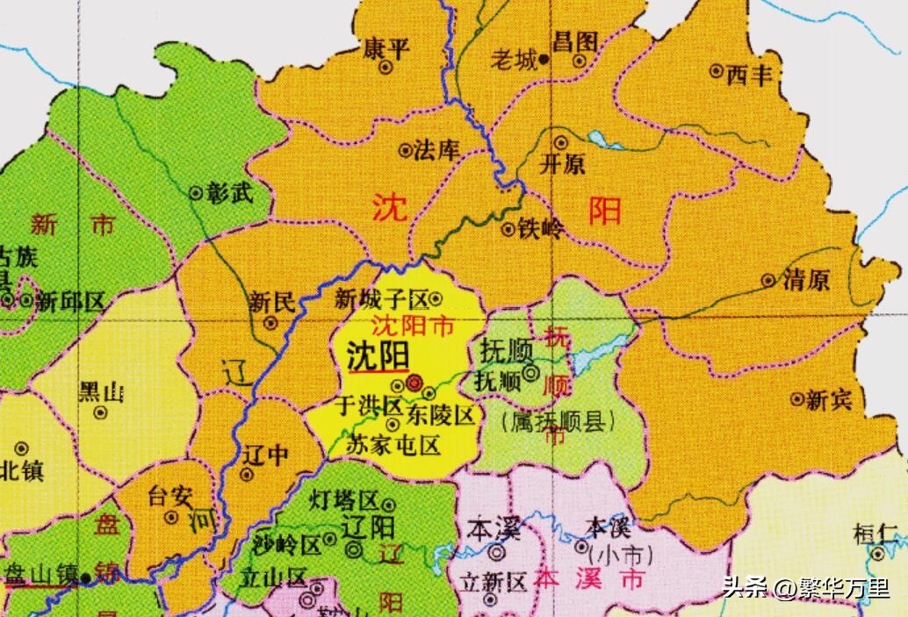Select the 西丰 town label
749,75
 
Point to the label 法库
437,150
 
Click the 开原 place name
562,163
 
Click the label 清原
806,281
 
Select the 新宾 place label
828,400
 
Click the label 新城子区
381,300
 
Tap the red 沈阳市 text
413,327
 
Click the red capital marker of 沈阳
414,384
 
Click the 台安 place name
170,494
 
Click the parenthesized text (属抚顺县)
558,422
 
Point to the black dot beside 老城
544,61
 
